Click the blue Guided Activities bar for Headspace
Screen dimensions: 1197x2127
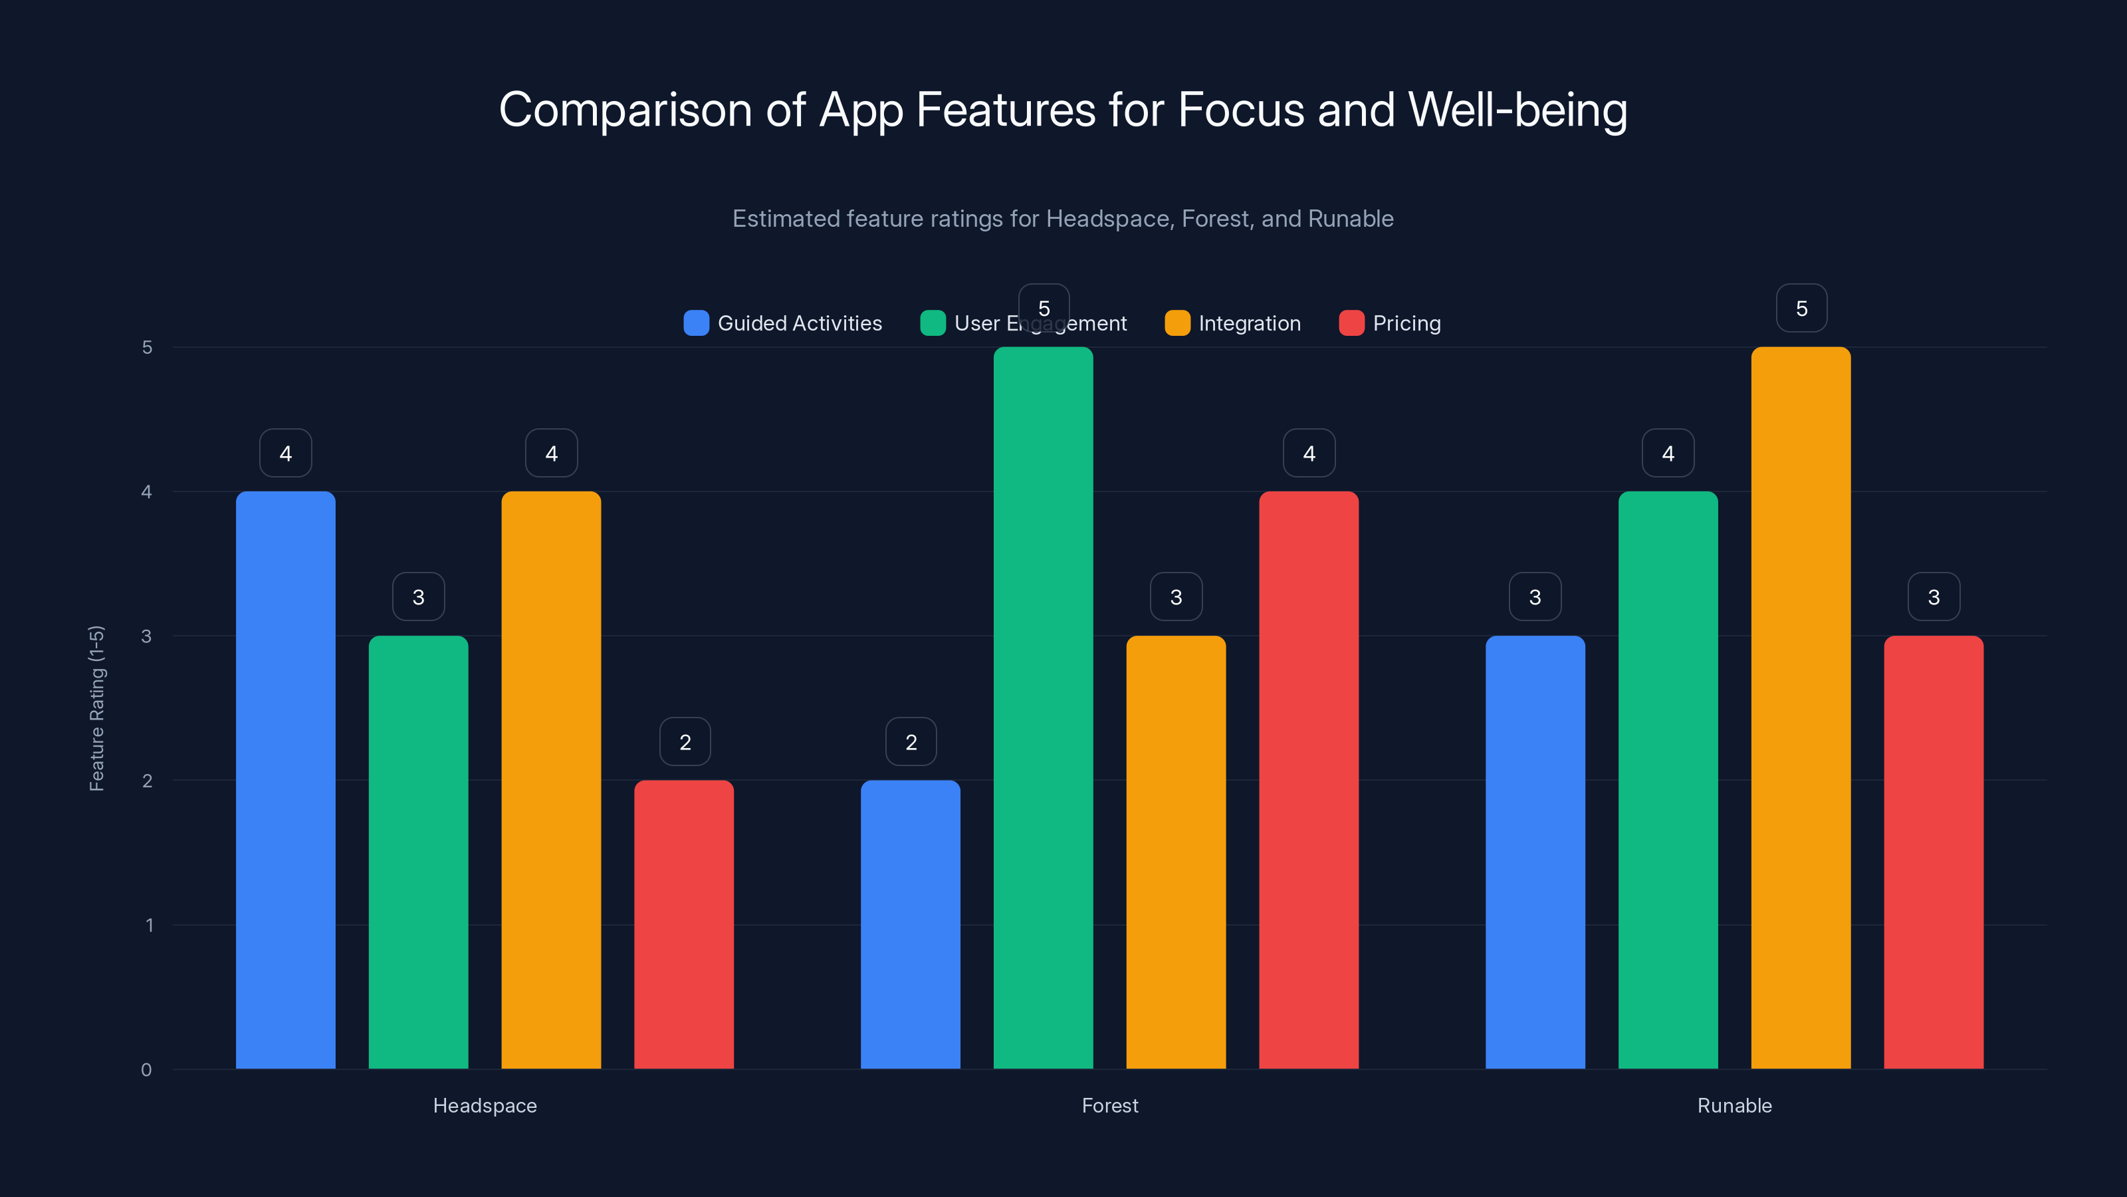(x=286, y=780)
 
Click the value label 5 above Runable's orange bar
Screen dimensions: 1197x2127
(x=1802, y=308)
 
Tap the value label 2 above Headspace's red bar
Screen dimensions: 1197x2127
(x=685, y=742)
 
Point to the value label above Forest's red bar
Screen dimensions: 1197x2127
(x=1309, y=453)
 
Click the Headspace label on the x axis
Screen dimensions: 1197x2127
(x=485, y=1105)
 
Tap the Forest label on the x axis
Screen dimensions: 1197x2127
(x=1110, y=1105)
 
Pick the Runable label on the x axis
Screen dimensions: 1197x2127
(x=1734, y=1105)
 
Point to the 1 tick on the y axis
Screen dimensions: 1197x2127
(x=150, y=925)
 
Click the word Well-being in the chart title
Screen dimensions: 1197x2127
(x=1517, y=110)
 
